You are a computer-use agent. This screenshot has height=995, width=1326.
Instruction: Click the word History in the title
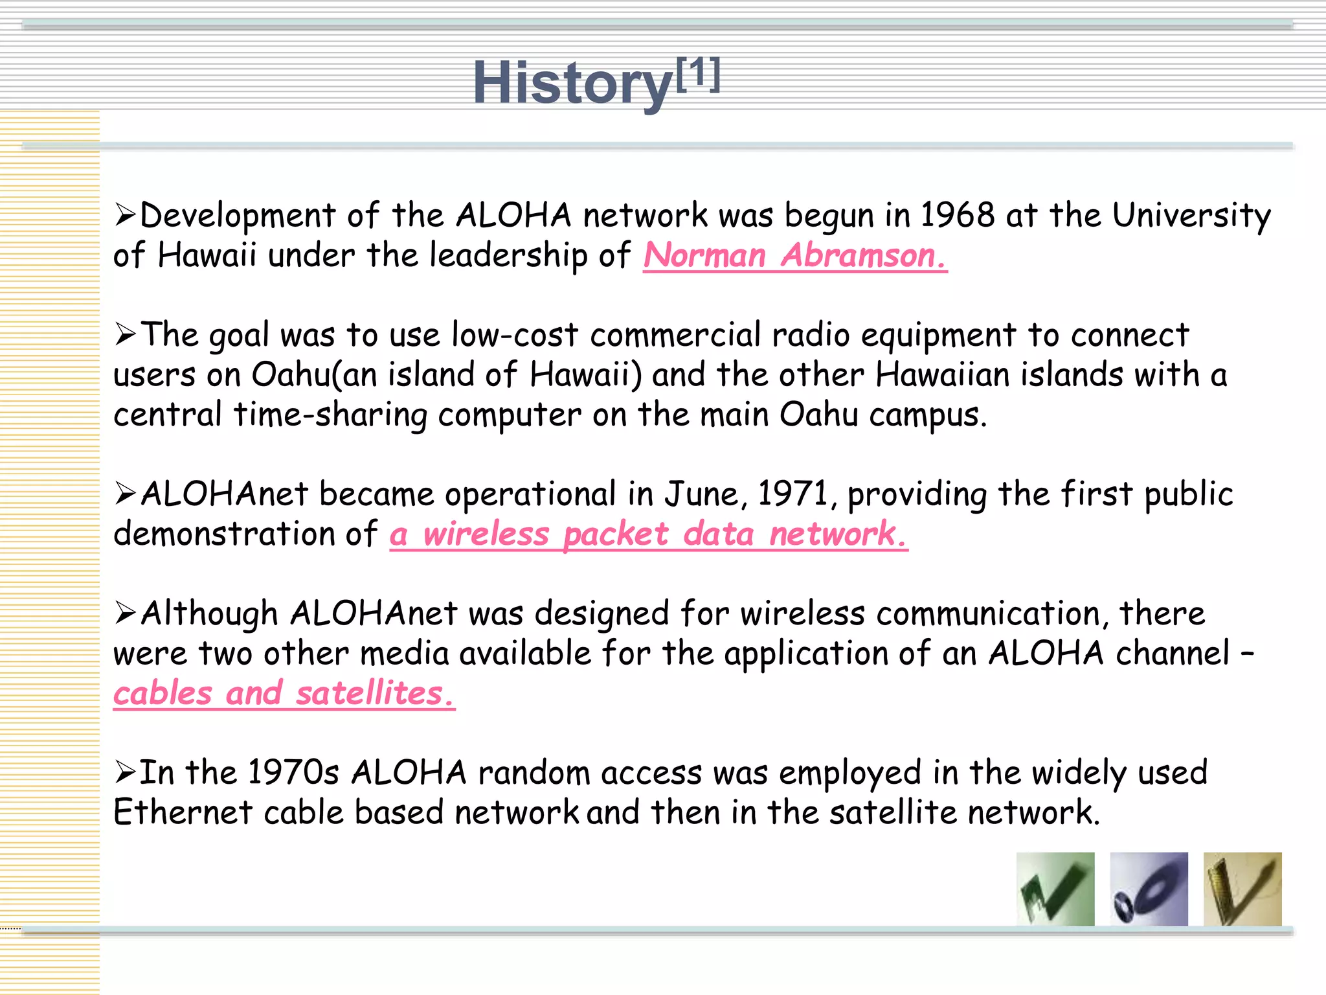(572, 83)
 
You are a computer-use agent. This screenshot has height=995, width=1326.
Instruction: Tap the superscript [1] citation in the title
(698, 74)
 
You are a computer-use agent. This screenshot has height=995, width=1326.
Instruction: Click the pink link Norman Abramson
(794, 255)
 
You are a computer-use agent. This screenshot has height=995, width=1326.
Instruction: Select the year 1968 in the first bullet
(957, 215)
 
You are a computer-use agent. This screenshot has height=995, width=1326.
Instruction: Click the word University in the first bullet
(1191, 215)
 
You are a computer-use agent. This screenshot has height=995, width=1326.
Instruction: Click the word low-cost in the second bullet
(515, 335)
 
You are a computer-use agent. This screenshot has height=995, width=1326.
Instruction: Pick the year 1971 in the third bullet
(793, 494)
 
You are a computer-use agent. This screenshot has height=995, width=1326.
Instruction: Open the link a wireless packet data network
(648, 534)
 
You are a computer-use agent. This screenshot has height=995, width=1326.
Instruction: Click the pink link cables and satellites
(284, 693)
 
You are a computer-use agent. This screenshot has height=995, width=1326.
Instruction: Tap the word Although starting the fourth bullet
(209, 613)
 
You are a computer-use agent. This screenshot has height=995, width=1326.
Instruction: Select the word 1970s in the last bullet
(293, 773)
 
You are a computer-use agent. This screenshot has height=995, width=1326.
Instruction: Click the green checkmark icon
(1055, 889)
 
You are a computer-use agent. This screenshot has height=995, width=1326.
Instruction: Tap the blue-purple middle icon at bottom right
(1149, 889)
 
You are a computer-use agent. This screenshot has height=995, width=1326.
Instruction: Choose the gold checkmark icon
(1242, 889)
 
